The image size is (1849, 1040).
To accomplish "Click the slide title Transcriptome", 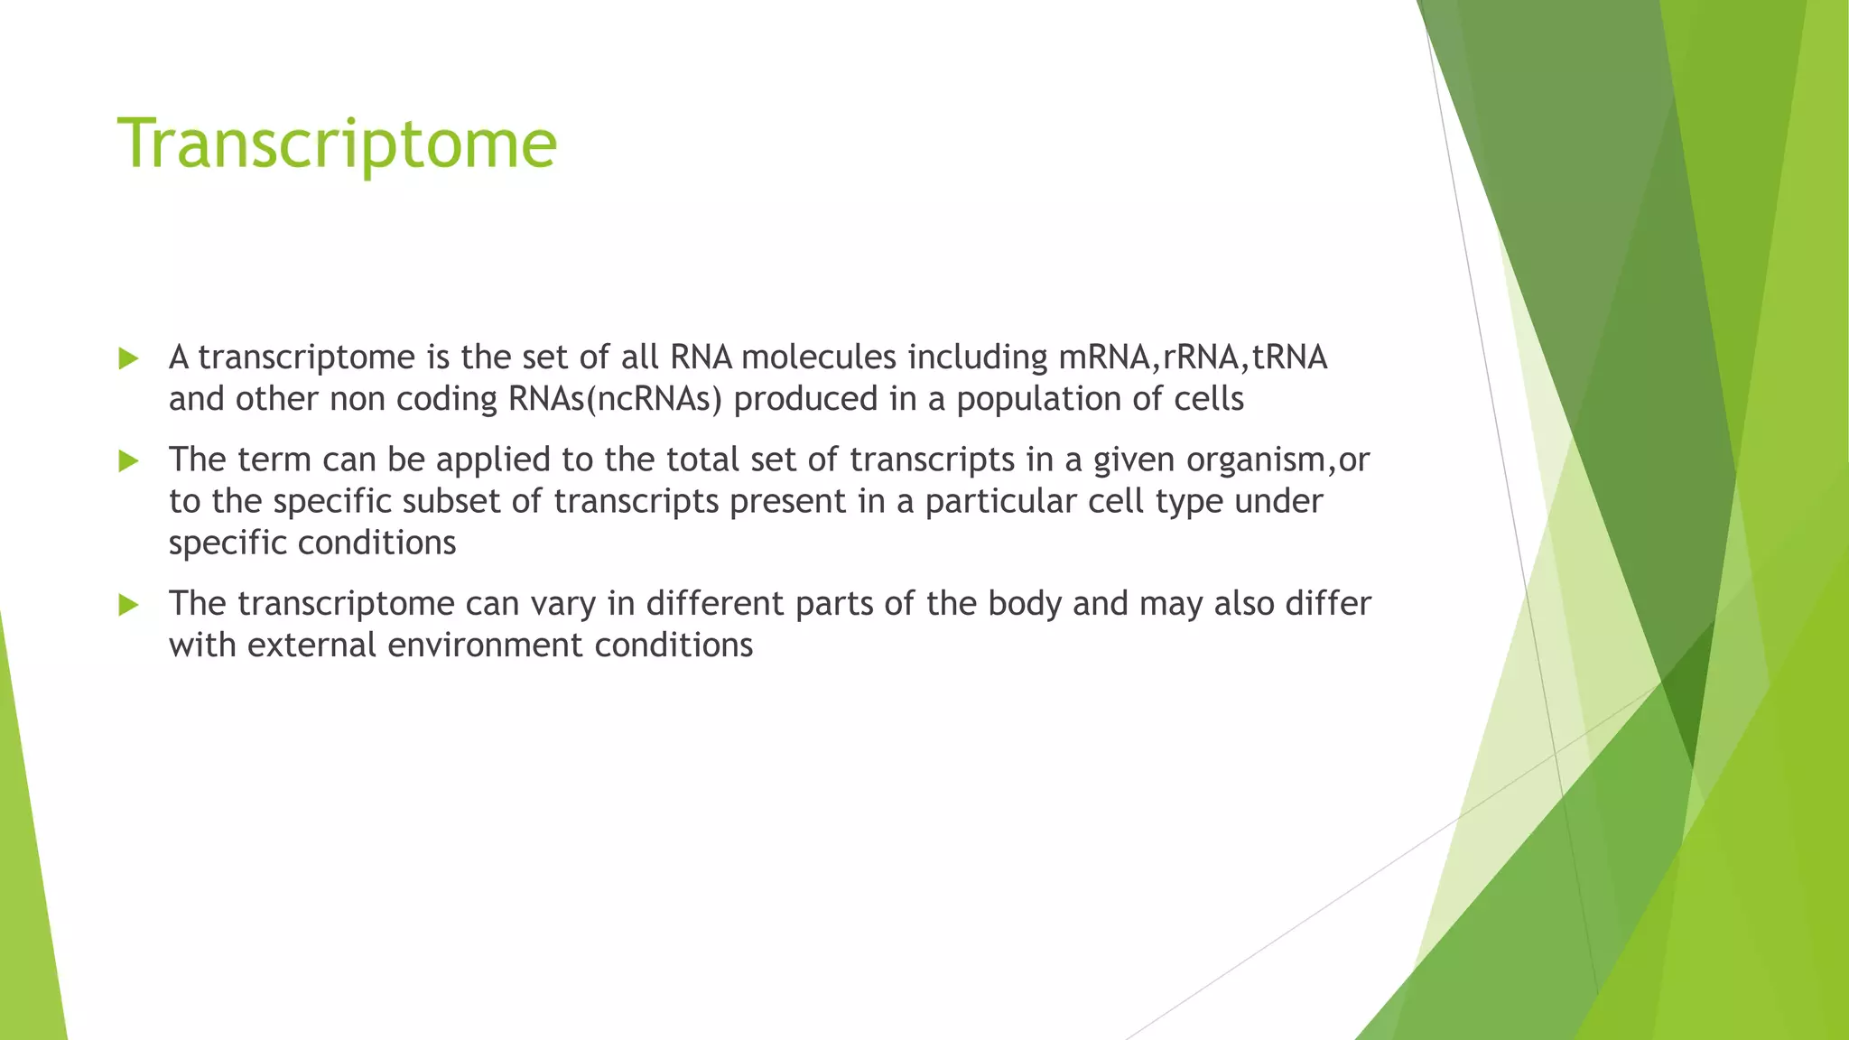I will [x=337, y=144].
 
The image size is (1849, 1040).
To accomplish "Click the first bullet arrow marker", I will [x=128, y=359].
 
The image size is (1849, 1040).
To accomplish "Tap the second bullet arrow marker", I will [x=128, y=461].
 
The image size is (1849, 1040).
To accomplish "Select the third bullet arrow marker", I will [x=128, y=605].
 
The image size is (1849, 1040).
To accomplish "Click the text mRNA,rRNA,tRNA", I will [x=1192, y=357].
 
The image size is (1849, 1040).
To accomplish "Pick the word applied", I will [x=493, y=460].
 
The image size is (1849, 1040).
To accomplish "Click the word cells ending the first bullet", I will [x=1208, y=399].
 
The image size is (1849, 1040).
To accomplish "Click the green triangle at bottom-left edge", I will [x=27, y=903].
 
